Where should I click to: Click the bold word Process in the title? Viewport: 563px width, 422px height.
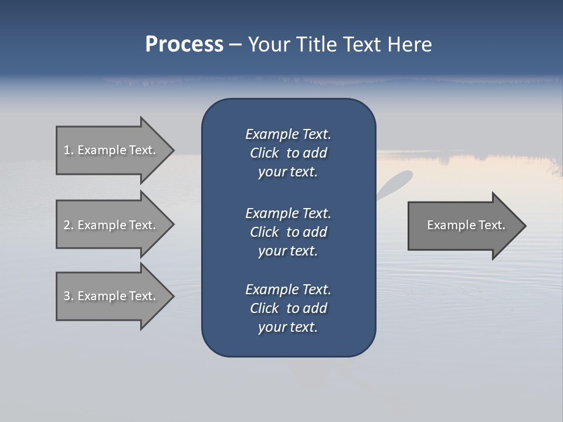(x=184, y=45)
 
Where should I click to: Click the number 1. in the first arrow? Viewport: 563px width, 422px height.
(x=69, y=150)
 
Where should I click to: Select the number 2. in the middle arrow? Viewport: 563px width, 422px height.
(x=69, y=225)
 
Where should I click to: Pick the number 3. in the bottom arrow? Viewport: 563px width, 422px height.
(x=69, y=296)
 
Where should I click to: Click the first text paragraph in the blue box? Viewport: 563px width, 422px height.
(x=288, y=153)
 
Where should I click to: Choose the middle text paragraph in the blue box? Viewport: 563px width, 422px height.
(x=288, y=232)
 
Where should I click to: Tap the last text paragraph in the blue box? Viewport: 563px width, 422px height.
(x=288, y=308)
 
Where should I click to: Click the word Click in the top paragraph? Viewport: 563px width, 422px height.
(x=264, y=153)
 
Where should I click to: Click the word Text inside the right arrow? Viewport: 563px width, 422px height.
(x=491, y=225)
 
